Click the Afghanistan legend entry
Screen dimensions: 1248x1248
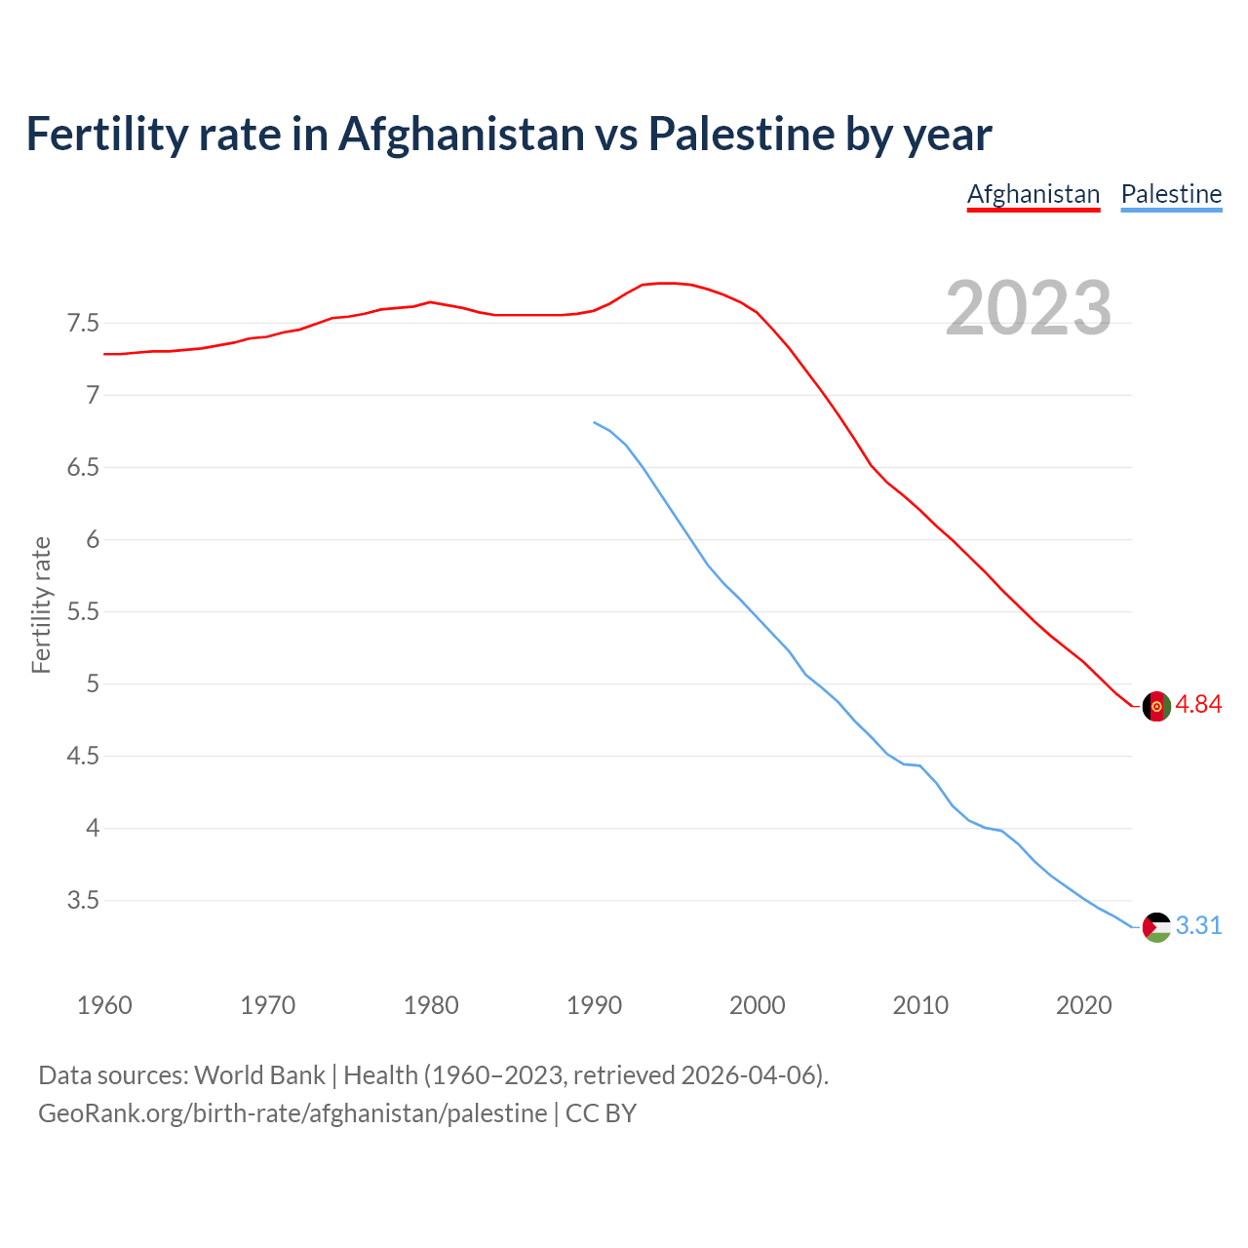[x=1033, y=195]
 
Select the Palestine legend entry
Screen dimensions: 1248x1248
[x=1171, y=195]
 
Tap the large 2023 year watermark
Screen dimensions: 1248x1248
[x=1029, y=308]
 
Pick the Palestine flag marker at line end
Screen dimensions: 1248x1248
[x=1156, y=927]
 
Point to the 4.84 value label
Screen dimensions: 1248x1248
[x=1198, y=705]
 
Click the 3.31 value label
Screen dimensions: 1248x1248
[x=1198, y=926]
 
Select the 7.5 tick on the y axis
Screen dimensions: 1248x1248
[x=83, y=323]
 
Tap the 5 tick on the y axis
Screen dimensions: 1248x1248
[x=93, y=683]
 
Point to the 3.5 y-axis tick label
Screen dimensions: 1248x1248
[x=83, y=901]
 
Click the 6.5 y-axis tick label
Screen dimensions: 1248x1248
[x=83, y=467]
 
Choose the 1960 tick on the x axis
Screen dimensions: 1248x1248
[x=104, y=1005]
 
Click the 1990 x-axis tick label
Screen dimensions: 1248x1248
[x=594, y=1005]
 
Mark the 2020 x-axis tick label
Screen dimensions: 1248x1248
[x=1083, y=1005]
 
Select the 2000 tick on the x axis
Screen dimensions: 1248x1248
[x=757, y=1005]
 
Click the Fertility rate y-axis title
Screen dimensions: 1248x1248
[x=41, y=604]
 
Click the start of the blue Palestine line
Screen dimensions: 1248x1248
[x=595, y=422]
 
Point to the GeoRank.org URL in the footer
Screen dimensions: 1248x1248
[x=292, y=1113]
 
